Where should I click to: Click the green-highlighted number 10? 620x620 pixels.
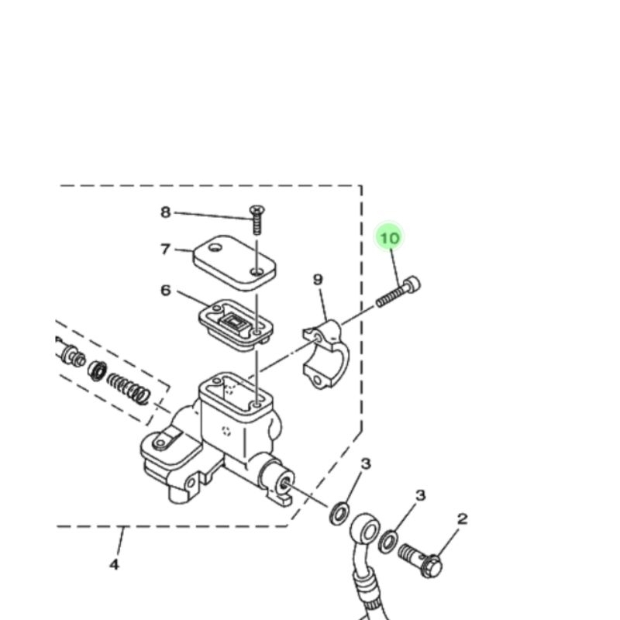tap(390, 237)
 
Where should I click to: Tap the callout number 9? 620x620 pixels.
tap(318, 280)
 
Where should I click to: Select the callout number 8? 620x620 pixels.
tap(165, 212)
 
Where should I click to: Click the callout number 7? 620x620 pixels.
tap(165, 250)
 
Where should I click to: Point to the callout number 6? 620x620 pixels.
tap(166, 291)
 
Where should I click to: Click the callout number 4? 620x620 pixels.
tap(114, 564)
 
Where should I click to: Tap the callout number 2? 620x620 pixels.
tap(463, 519)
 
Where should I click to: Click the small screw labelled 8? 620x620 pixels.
tap(257, 219)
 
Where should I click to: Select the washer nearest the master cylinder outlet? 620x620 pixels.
tap(339, 513)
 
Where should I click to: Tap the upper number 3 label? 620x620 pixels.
tap(367, 463)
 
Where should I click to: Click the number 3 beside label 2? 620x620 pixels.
tap(421, 495)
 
